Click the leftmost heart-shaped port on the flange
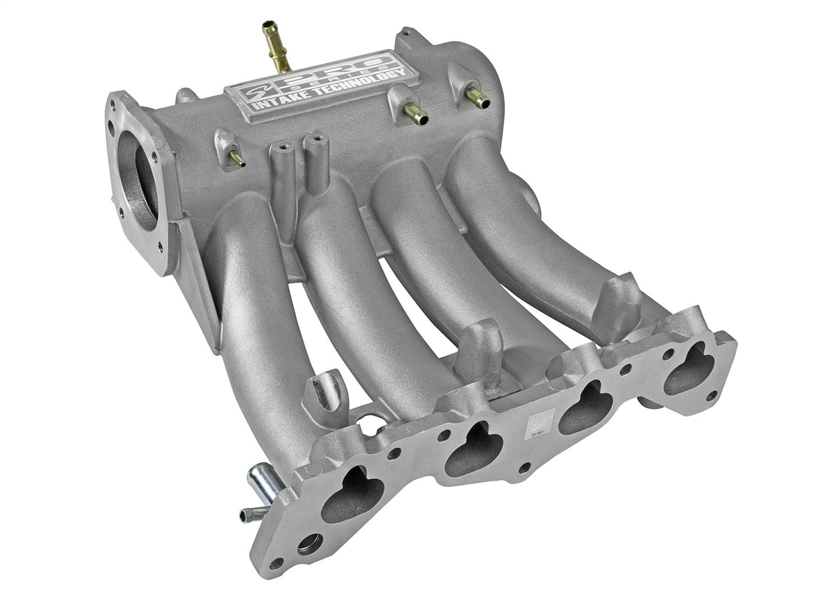[352, 495]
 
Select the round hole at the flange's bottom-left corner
[309, 544]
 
